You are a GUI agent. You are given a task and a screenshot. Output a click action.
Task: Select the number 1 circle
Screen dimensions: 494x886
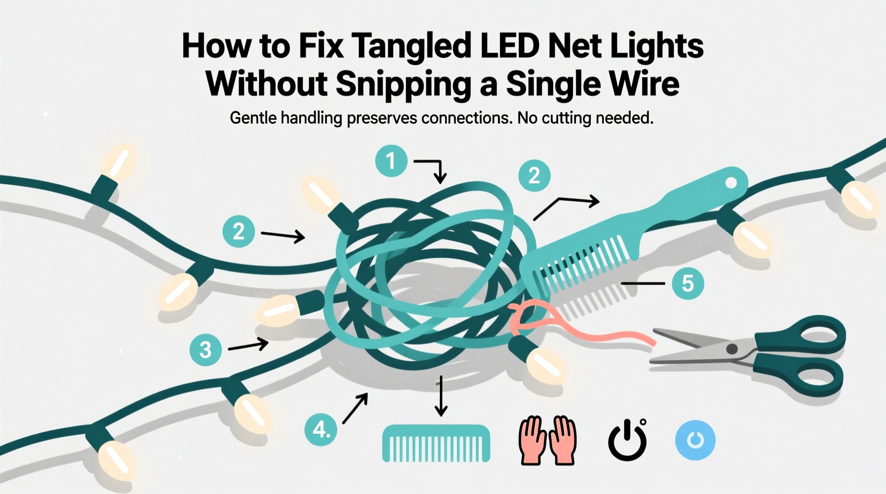tap(391, 161)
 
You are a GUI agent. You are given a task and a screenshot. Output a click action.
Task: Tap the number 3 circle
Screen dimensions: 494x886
tap(206, 349)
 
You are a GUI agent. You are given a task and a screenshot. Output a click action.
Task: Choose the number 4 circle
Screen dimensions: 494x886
tap(321, 429)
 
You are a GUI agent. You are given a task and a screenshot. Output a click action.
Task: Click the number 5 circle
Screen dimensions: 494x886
tap(687, 283)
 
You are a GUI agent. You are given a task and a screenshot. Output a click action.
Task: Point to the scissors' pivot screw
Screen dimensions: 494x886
tap(732, 349)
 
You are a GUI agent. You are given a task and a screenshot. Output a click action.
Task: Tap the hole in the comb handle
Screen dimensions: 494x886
tap(731, 183)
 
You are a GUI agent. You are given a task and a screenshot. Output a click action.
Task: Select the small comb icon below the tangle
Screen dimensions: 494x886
tap(436, 442)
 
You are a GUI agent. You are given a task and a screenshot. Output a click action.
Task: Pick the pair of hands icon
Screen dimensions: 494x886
tap(547, 440)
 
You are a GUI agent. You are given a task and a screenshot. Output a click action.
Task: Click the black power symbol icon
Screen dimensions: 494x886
tap(627, 440)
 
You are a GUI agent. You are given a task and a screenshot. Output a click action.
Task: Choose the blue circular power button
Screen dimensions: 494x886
tap(695, 440)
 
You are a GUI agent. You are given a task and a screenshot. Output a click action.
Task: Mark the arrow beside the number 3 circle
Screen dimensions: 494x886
tap(248, 346)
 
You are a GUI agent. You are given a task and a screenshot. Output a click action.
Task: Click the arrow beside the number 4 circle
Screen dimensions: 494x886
tap(355, 408)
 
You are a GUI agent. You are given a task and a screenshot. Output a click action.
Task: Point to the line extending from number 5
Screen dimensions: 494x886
tap(643, 284)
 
